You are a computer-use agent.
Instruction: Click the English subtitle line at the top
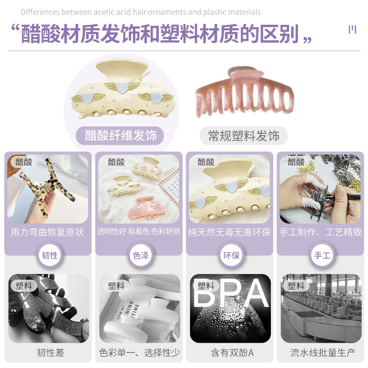[x=140, y=12]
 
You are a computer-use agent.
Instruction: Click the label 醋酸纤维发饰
[x=121, y=135]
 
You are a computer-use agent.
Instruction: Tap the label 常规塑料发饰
[x=244, y=136]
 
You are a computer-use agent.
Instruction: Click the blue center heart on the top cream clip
[x=121, y=87]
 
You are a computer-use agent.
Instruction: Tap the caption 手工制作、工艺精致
[x=321, y=232]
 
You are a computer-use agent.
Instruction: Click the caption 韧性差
[x=51, y=353]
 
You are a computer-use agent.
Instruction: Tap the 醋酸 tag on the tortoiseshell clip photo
[x=24, y=162]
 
